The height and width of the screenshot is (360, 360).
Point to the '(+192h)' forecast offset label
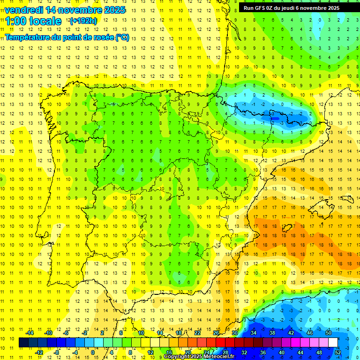pos(83,21)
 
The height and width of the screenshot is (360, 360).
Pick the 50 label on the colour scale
pos(329,333)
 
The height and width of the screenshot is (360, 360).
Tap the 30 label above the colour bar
pos(234,333)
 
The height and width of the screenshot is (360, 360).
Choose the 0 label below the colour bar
pos(93,352)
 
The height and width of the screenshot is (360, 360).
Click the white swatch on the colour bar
pos(333,343)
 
